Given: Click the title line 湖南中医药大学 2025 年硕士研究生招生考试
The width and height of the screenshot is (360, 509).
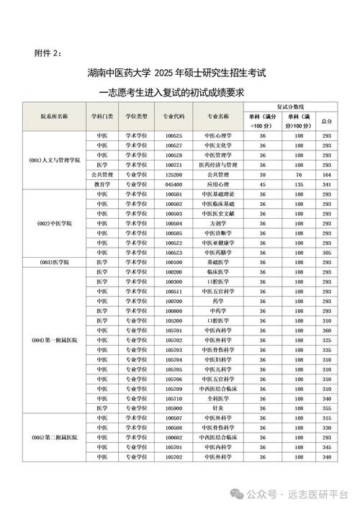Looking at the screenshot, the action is click(x=179, y=73).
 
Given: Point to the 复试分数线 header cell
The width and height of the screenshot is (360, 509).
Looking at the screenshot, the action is click(x=291, y=106).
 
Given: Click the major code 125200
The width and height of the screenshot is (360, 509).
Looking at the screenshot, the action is click(x=174, y=174).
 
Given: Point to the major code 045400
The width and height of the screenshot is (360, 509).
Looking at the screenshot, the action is click(x=174, y=184).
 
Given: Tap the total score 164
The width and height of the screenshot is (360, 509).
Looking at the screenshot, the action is click(x=326, y=174).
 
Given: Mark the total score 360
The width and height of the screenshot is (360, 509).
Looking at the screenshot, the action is click(x=326, y=330).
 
